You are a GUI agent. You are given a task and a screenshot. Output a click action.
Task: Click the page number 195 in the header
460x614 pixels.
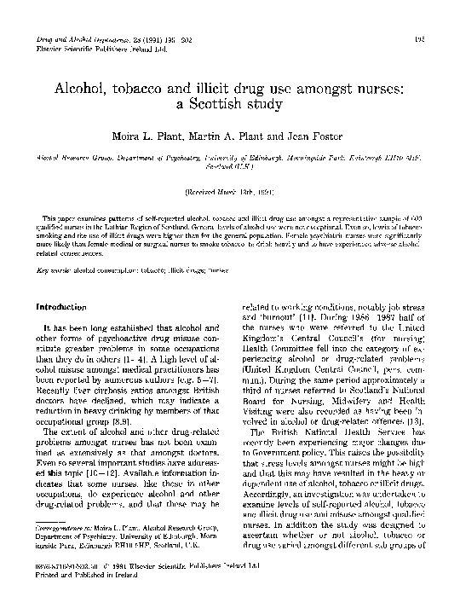[x=427, y=40]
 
